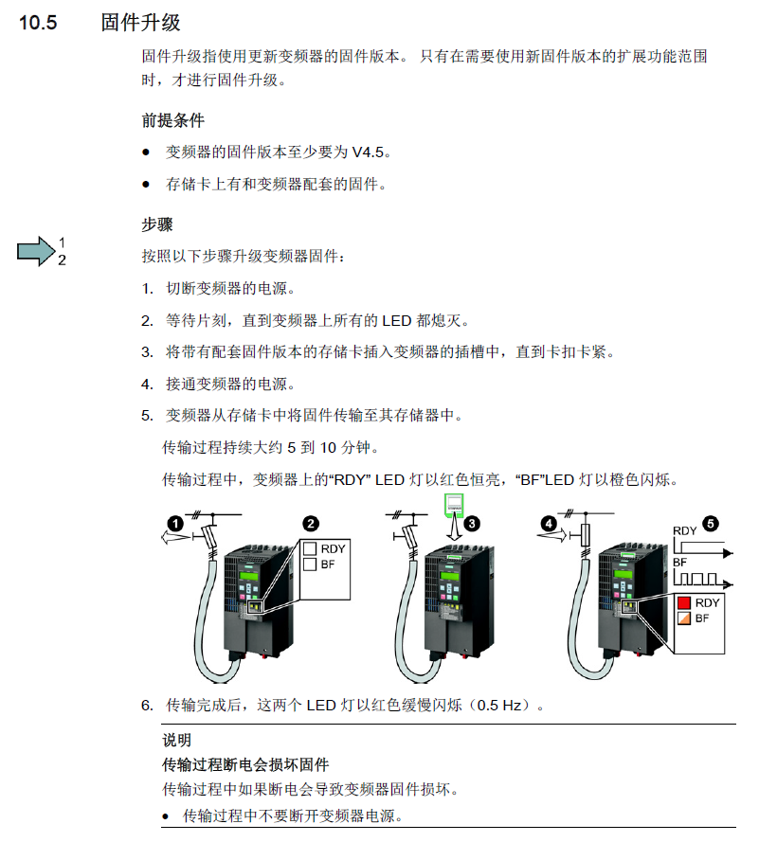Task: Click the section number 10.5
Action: (39, 23)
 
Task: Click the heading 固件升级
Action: (140, 23)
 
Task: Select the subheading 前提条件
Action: (172, 120)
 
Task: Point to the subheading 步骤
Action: (156, 224)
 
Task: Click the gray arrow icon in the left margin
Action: (35, 251)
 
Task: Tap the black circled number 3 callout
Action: (473, 522)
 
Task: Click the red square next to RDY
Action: (682, 602)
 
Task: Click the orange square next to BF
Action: (682, 618)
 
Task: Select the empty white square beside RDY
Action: (309, 548)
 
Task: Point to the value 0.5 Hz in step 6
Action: (506, 706)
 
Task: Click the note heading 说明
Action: (176, 741)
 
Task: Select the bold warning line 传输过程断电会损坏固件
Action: (245, 763)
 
